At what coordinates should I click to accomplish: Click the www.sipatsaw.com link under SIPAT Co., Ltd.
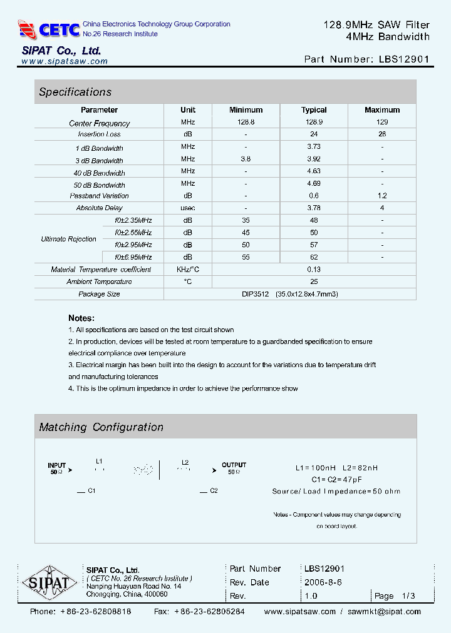(x=65, y=61)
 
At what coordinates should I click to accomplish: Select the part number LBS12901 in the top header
(x=405, y=59)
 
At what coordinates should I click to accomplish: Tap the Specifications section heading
(x=75, y=92)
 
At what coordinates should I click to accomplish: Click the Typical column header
(x=314, y=110)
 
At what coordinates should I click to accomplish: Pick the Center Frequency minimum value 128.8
(x=246, y=123)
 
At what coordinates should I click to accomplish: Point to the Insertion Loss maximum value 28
(x=382, y=134)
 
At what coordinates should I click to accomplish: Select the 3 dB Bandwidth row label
(x=99, y=161)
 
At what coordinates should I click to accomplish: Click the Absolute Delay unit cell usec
(x=188, y=208)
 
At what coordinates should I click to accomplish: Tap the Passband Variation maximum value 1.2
(x=382, y=196)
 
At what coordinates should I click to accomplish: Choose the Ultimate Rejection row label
(x=68, y=239)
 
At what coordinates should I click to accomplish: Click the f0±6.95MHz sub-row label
(x=133, y=257)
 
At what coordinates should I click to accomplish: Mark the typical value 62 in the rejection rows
(x=314, y=257)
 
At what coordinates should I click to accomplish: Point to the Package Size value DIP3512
(x=256, y=294)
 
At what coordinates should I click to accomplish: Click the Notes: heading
(x=81, y=318)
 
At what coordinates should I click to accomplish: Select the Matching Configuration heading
(x=101, y=427)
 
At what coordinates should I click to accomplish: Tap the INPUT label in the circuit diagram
(x=56, y=465)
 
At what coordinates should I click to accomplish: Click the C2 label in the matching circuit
(x=214, y=491)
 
